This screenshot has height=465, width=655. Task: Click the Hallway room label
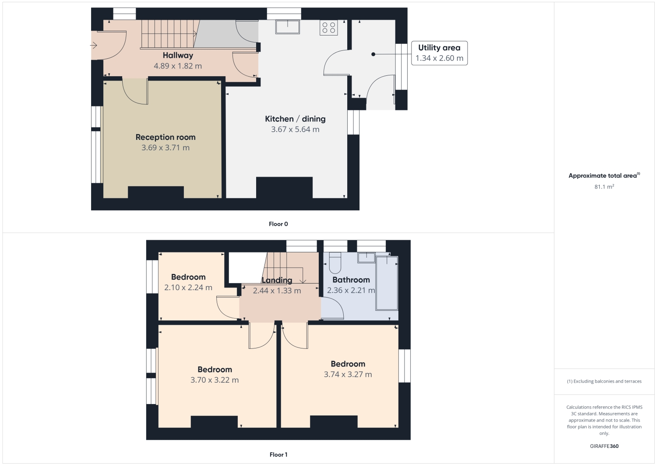tap(178, 55)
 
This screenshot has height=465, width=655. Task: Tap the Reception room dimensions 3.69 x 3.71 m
tap(166, 148)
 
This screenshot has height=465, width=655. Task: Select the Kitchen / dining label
tap(295, 119)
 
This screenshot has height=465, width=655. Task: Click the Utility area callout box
tap(439, 53)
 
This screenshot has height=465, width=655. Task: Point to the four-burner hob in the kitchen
tap(328, 28)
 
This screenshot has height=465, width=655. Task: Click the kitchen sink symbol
tap(288, 27)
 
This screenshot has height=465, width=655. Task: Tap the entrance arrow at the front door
tap(94, 45)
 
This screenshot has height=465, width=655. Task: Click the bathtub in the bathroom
tap(387, 283)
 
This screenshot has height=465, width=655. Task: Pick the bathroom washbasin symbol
tap(366, 257)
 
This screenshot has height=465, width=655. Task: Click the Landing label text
tap(277, 280)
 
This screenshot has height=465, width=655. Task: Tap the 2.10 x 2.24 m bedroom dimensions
tap(188, 288)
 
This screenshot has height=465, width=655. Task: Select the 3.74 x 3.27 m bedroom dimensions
tap(348, 374)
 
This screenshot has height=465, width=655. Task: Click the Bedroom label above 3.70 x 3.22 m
tap(215, 369)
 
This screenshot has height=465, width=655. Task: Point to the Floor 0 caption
tap(278, 224)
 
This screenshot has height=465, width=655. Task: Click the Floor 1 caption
tap(278, 454)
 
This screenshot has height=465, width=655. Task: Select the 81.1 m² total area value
tap(604, 187)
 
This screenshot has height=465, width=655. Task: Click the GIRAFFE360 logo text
tap(604, 446)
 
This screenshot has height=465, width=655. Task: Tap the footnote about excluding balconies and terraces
tap(604, 381)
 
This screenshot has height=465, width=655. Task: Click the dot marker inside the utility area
tap(373, 54)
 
